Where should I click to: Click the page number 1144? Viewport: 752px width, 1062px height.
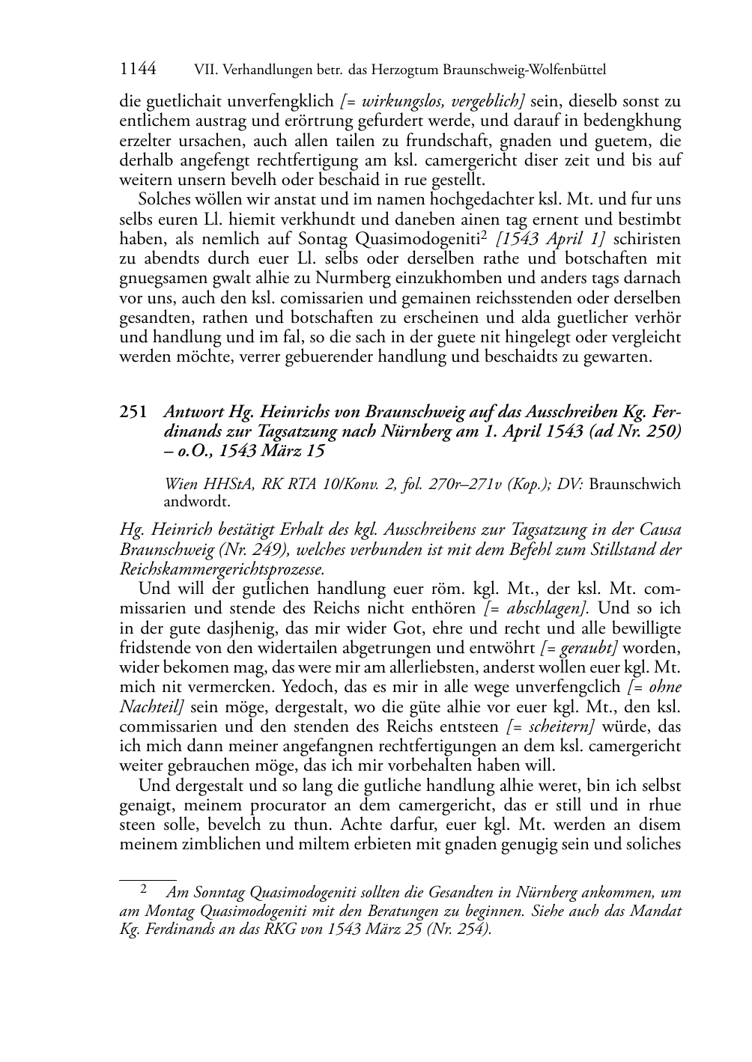(x=138, y=70)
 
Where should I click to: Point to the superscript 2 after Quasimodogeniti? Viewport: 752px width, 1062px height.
(x=485, y=235)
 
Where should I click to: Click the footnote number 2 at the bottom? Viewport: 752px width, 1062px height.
(x=142, y=890)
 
